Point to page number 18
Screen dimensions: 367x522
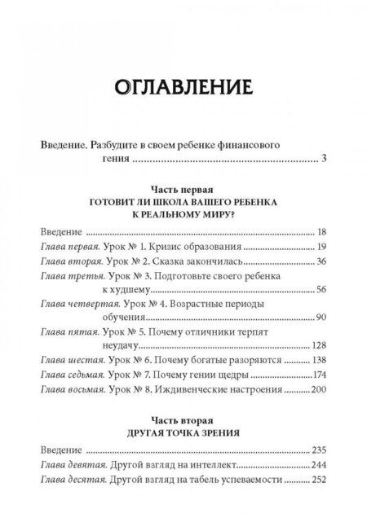point(321,230)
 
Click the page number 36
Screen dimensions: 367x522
point(321,261)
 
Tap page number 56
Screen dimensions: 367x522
point(321,290)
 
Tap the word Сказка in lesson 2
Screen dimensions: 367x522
point(163,261)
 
